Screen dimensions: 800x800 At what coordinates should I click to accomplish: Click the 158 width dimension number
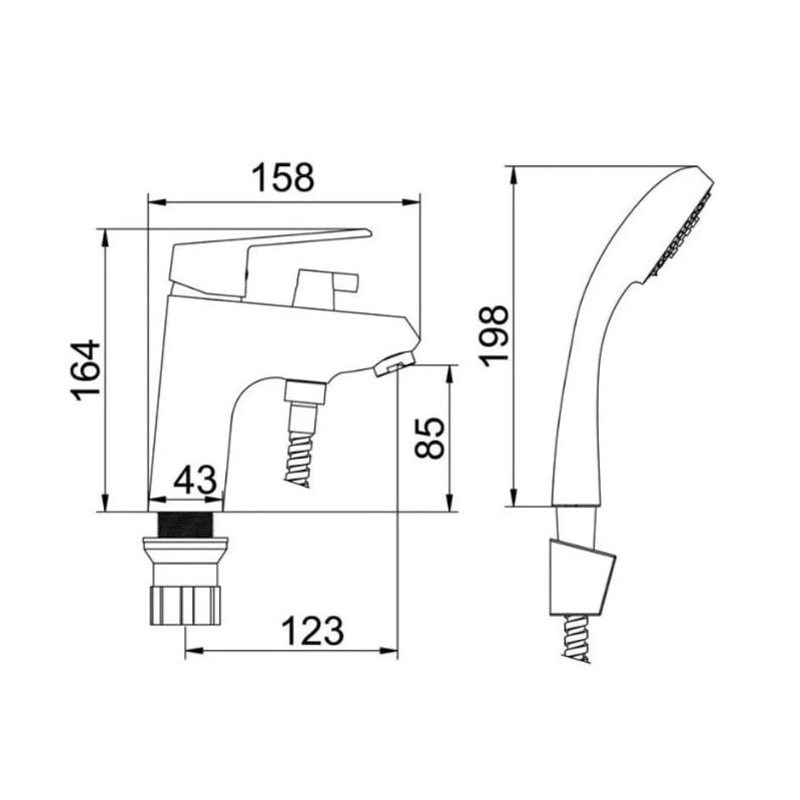(x=283, y=178)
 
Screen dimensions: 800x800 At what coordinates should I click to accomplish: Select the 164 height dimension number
(x=86, y=370)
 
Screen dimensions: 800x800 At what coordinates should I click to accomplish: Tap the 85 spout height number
(x=430, y=438)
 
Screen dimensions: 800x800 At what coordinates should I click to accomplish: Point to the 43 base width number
(x=195, y=479)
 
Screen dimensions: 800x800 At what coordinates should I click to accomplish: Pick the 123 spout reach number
(x=313, y=631)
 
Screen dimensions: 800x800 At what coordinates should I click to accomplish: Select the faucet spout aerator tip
(x=394, y=362)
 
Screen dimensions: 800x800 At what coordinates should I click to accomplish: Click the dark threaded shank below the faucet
(x=186, y=524)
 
